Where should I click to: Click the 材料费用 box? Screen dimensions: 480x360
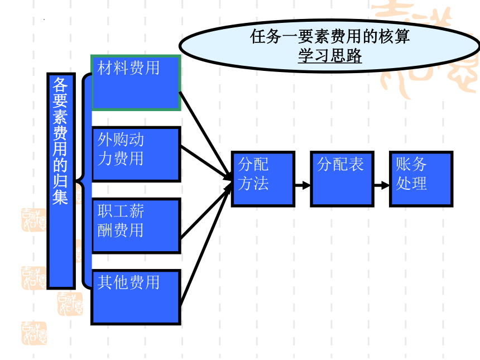coord(136,83)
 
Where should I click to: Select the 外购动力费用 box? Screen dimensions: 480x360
coord(136,154)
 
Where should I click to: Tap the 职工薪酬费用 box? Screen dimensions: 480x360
coord(136,225)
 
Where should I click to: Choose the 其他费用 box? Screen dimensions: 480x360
coord(136,297)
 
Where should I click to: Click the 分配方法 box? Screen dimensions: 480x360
coord(263,179)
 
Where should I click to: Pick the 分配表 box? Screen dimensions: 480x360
coord(342,179)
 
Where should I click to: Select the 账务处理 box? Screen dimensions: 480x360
coord(421,179)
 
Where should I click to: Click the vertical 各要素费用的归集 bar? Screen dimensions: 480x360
coord(61,181)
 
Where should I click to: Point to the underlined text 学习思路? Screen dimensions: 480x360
coord(330,55)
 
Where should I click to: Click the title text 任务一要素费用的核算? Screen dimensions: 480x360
coord(330,36)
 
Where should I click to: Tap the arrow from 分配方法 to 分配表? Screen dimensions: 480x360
coord(303,185)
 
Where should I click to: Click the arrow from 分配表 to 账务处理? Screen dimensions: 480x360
coord(382,185)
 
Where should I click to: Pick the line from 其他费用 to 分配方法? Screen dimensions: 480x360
coord(206,244)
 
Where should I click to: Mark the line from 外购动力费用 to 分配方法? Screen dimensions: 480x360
coord(206,163)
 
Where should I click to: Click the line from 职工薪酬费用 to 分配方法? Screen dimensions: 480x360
coord(206,211)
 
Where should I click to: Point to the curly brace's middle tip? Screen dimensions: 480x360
coord(75,181)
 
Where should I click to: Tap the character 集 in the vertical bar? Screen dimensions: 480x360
coord(60,196)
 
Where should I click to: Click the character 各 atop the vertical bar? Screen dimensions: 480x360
coord(60,85)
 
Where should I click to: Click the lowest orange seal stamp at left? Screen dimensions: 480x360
coord(34,333)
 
